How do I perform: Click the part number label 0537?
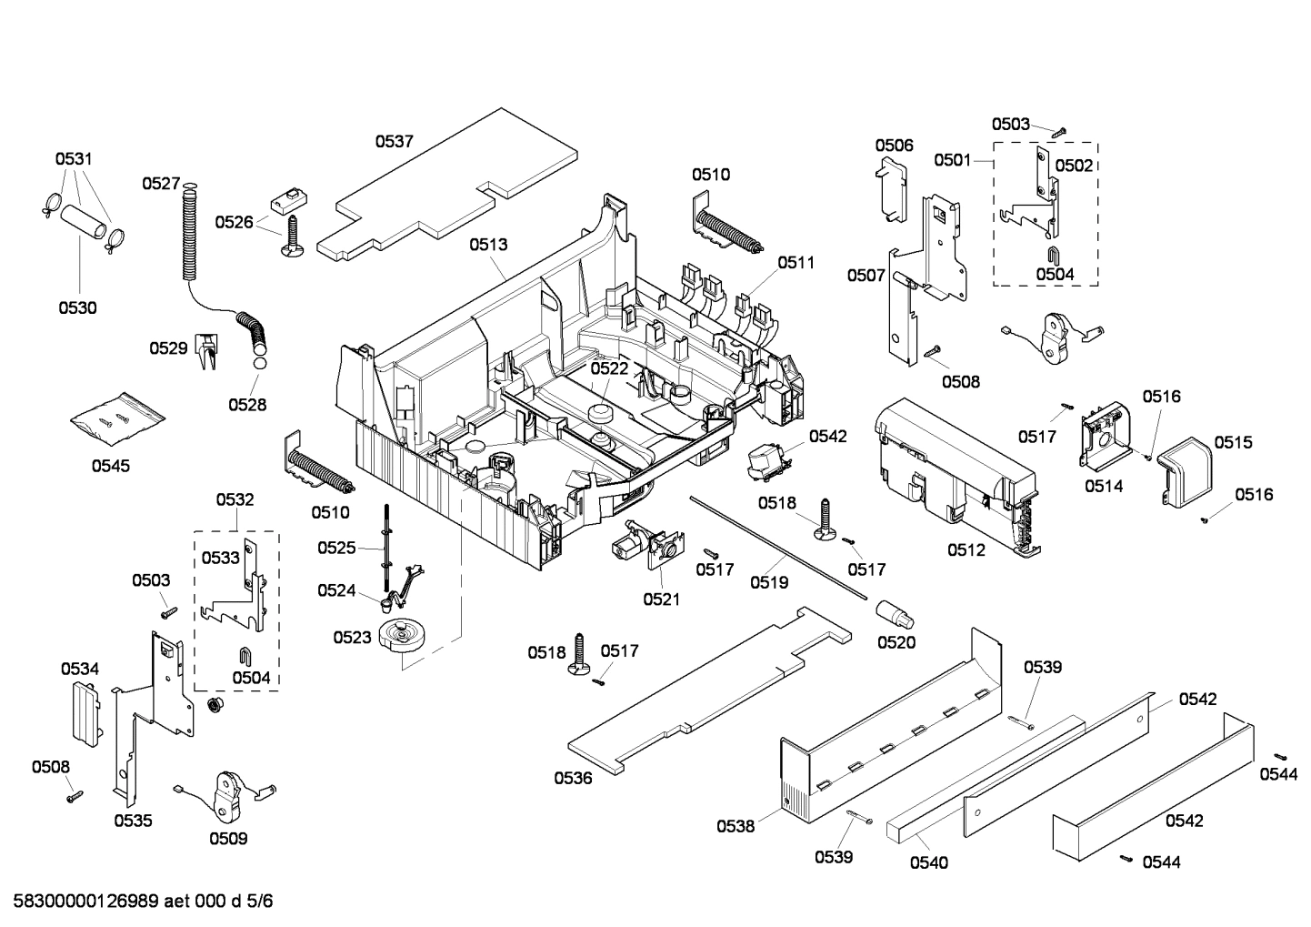click(395, 141)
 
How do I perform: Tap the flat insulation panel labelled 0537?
click(455, 182)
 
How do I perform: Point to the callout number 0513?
click(488, 245)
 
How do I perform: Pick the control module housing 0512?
click(955, 473)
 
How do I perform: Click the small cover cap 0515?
click(1186, 465)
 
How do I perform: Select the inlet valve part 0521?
click(645, 546)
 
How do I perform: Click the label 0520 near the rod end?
click(896, 642)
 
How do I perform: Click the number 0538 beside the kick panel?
click(735, 826)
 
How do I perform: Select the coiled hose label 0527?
click(160, 184)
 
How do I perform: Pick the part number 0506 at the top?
click(894, 146)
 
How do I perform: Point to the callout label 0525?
click(336, 548)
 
